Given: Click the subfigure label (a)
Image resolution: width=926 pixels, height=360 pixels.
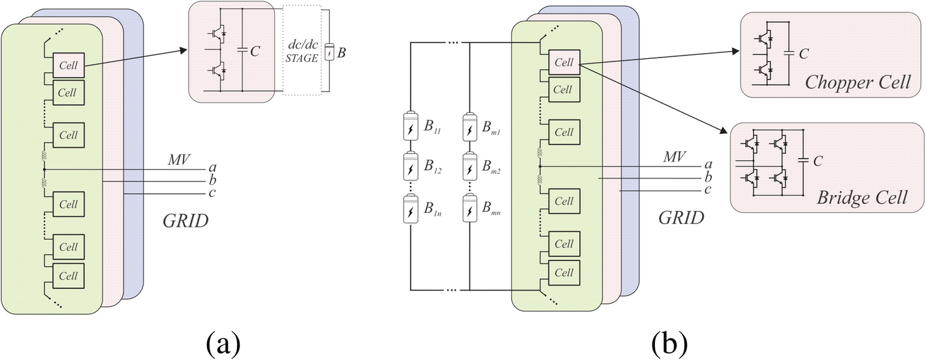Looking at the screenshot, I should click(223, 342).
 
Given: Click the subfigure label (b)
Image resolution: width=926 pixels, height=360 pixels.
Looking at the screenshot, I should click(670, 342).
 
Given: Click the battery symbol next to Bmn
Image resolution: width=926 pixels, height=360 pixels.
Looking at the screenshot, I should click(470, 211).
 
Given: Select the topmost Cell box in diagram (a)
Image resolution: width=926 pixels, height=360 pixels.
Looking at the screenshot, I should click(68, 65).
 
